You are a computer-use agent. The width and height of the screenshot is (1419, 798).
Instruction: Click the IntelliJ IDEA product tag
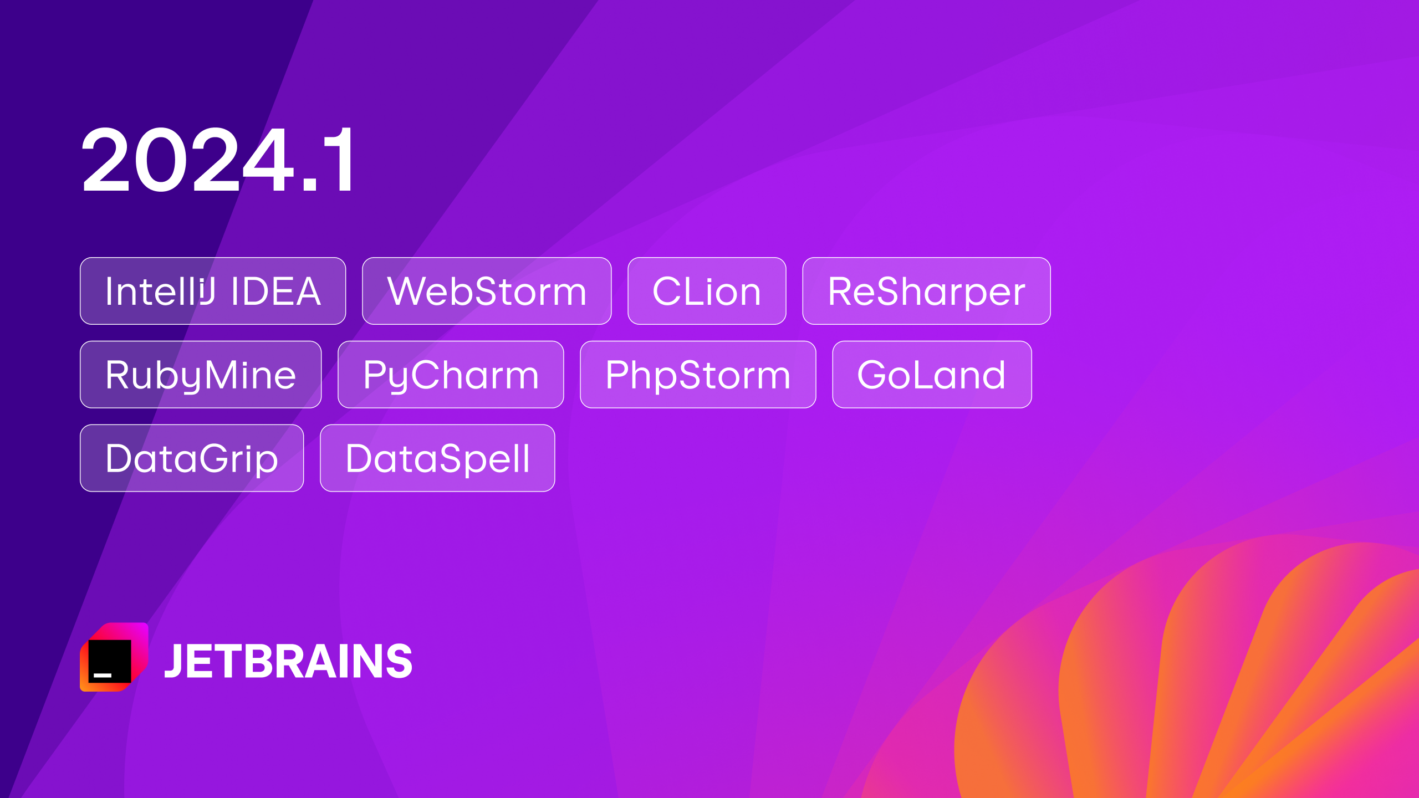[x=213, y=291]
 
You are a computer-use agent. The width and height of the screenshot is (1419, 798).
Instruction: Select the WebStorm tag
[x=487, y=291]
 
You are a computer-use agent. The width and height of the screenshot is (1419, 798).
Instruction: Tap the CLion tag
[x=707, y=291]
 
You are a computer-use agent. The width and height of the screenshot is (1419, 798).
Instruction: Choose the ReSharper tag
[x=926, y=291]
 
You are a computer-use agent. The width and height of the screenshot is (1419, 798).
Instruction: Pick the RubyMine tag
[x=201, y=375]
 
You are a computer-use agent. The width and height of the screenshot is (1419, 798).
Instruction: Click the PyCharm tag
[x=451, y=375]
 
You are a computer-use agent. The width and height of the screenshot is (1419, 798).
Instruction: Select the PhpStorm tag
[x=698, y=375]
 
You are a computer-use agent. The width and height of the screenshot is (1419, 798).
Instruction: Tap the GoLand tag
[x=932, y=375]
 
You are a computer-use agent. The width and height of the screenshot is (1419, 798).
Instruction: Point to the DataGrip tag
[x=192, y=458]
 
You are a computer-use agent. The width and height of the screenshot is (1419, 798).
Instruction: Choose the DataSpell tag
[x=437, y=458]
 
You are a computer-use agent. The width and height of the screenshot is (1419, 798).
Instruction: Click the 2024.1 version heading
[x=217, y=160]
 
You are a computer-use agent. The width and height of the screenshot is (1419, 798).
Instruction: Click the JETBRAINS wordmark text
[x=288, y=661]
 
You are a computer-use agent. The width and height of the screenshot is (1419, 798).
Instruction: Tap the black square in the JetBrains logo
[x=110, y=661]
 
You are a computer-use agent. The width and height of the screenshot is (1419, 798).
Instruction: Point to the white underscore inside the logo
[x=103, y=675]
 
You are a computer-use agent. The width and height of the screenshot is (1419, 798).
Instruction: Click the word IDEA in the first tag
[x=275, y=291]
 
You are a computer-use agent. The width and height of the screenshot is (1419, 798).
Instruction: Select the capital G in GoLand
[x=874, y=375]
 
